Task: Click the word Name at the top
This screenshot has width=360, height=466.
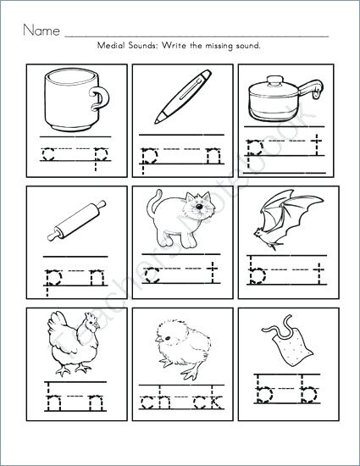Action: tap(40, 31)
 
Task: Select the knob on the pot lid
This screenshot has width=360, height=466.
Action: tap(275, 79)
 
